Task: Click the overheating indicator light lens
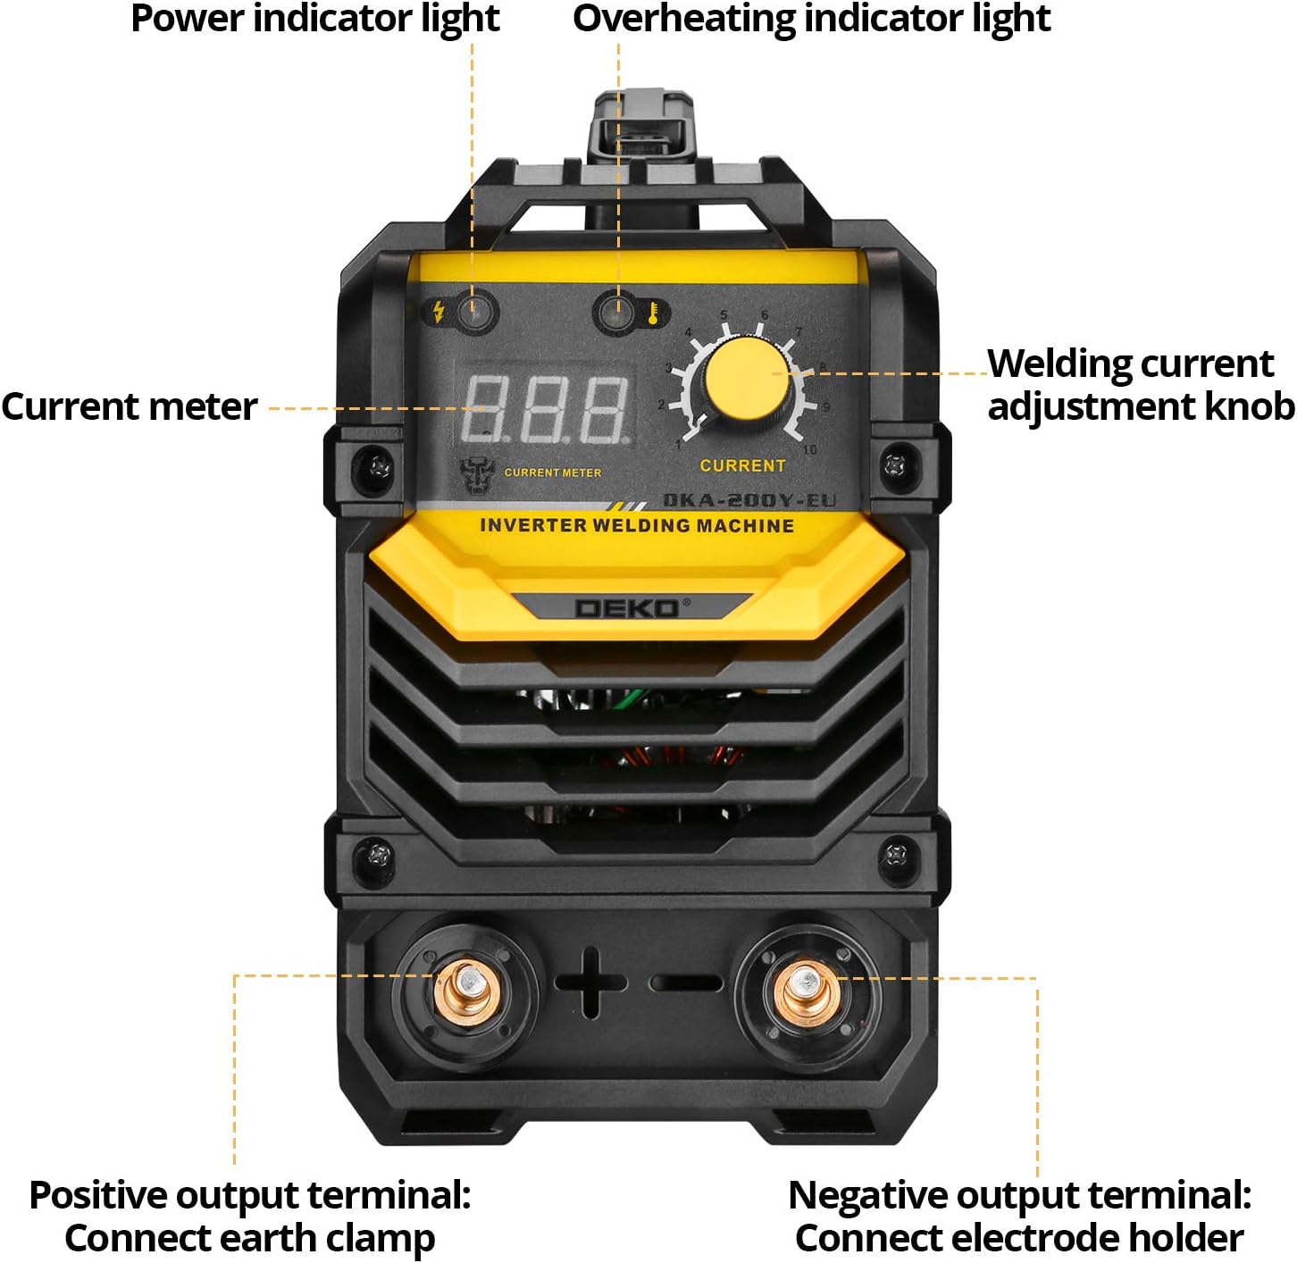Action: (x=615, y=313)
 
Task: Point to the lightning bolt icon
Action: (x=439, y=312)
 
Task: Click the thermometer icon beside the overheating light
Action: (x=654, y=313)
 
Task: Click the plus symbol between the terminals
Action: (x=590, y=983)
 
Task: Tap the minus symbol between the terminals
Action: (x=686, y=983)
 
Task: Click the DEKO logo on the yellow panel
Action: (x=627, y=608)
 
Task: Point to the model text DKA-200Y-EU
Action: (x=749, y=500)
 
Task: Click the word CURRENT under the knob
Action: (x=742, y=465)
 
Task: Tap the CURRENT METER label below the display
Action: (x=552, y=473)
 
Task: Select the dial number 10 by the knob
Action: (x=809, y=449)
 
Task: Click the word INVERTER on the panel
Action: (x=533, y=525)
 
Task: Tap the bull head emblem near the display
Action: (x=477, y=475)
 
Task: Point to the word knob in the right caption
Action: (x=1249, y=406)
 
